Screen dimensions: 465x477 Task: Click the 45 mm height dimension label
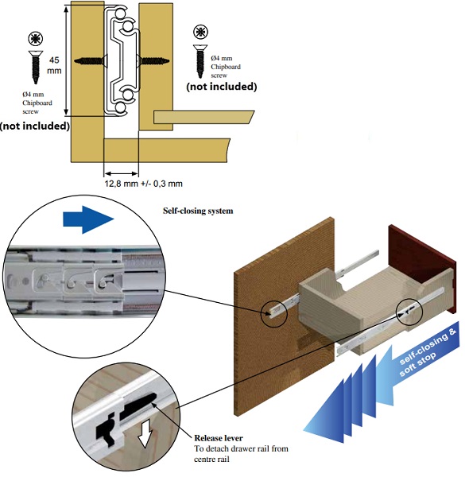54,65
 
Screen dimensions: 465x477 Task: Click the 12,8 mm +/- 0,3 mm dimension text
144,184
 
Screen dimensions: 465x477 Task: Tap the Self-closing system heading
198,211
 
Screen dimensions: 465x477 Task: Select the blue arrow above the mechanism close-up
88,219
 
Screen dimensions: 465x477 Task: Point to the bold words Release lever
219,438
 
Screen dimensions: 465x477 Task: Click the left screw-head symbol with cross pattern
36,39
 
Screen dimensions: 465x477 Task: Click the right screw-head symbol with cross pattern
200,32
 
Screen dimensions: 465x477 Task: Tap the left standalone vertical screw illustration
36,68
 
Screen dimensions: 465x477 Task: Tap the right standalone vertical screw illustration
200,61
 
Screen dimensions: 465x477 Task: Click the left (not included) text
35,126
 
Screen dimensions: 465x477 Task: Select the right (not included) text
222,87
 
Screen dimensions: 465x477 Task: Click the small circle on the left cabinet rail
274,313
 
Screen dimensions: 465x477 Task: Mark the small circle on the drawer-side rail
409,311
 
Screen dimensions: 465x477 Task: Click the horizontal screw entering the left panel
91,61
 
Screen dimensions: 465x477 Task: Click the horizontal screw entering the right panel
153,61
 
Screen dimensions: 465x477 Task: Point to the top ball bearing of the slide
121,13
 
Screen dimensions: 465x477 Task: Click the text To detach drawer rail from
241,448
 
